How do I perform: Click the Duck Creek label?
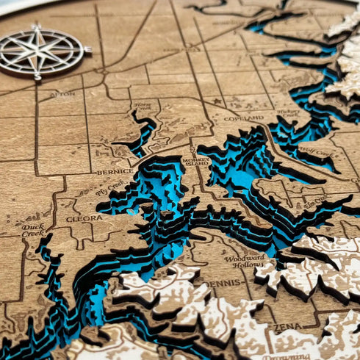[32, 230]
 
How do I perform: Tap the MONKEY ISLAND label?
[196, 163]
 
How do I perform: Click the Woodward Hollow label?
[245, 260]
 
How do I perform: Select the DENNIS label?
[223, 282]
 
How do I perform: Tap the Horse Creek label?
[144, 107]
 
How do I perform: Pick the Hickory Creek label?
[289, 114]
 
